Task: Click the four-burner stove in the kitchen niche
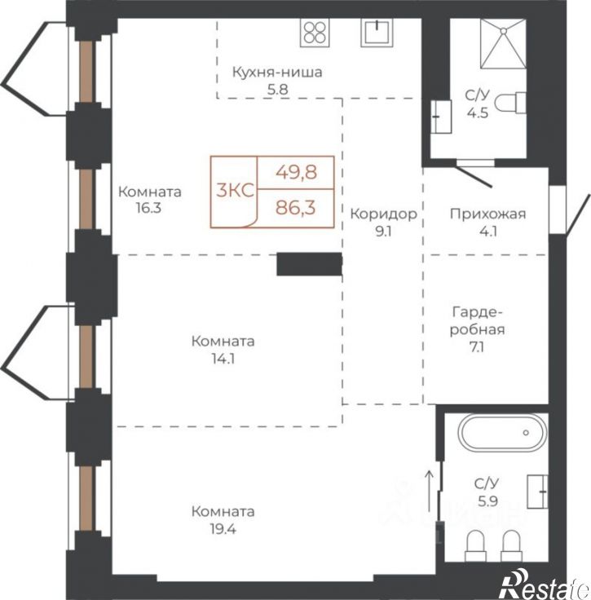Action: tap(315, 33)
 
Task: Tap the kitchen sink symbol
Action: tap(377, 33)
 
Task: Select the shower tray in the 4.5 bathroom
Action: tap(503, 44)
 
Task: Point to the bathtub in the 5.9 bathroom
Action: tap(503, 433)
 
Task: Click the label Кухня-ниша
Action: tap(277, 72)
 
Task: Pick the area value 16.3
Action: tap(148, 208)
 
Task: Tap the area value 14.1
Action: tap(223, 359)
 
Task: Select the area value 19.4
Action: tap(223, 529)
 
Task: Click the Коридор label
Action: tap(383, 214)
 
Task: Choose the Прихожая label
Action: tap(487, 214)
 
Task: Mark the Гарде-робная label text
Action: tap(477, 320)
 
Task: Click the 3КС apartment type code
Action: tap(235, 190)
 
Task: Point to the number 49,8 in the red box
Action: tap(297, 173)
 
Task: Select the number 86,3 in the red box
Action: tap(296, 208)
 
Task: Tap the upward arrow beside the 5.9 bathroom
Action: tap(430, 491)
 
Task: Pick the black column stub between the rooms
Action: tap(309, 264)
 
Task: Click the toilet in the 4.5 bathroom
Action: tap(510, 103)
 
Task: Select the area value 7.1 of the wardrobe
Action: tap(477, 347)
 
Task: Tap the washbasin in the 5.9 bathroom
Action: tap(537, 492)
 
